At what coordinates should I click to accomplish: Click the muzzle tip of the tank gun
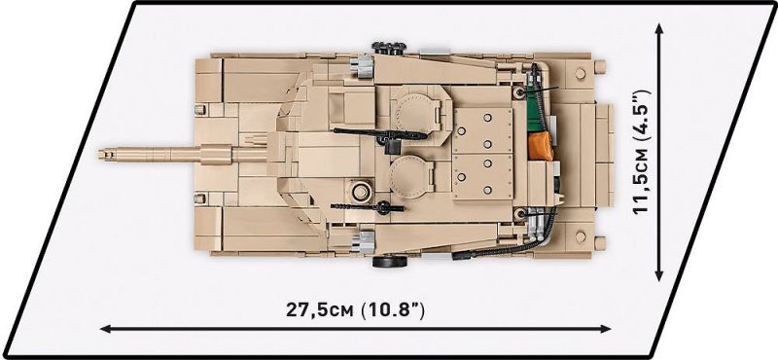[x=100, y=155]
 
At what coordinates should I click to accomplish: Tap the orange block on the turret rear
[x=540, y=147]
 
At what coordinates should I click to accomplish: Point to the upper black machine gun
[x=380, y=134]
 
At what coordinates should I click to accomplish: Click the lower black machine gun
[x=370, y=206]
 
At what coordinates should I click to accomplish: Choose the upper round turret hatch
[x=417, y=112]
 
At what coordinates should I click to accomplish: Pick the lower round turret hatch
[x=410, y=176]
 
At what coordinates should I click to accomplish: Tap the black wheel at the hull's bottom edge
[x=387, y=261]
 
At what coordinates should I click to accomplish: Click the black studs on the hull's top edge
[x=389, y=48]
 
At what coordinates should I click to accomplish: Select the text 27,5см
[x=319, y=310]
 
